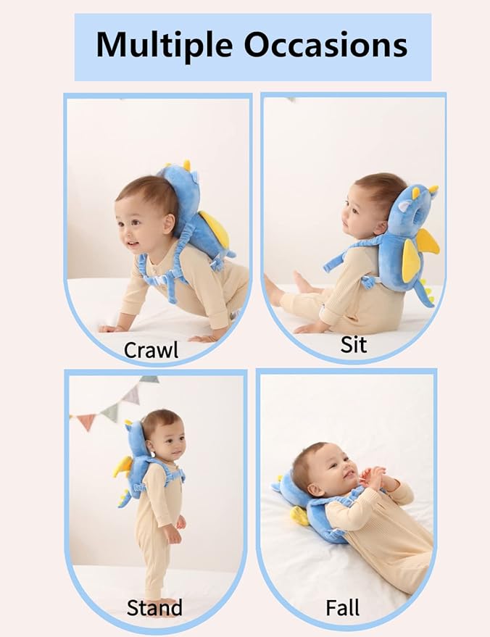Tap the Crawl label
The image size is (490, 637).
[151, 349]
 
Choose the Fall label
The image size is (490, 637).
[343, 607]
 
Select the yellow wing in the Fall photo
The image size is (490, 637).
[299, 515]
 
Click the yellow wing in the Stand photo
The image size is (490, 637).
[122, 467]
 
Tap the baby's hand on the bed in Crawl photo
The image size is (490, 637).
[112, 328]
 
